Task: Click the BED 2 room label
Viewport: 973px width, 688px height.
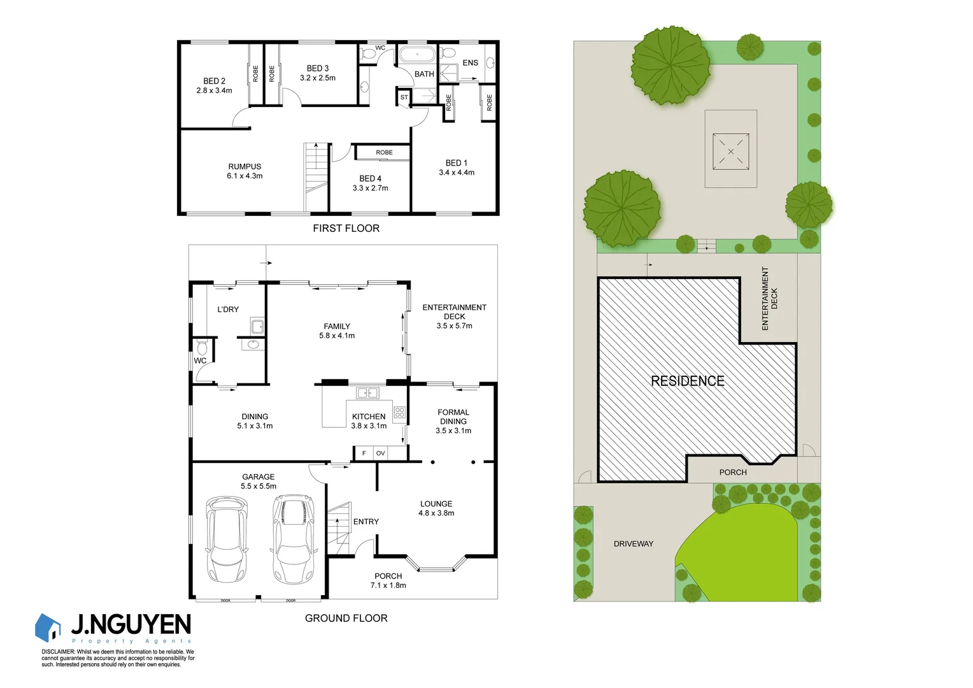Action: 214,85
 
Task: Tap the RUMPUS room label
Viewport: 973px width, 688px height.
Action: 245,171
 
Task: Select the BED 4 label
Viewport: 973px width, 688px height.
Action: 370,183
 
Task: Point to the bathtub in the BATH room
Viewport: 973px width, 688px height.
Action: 416,55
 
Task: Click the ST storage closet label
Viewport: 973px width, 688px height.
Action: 404,97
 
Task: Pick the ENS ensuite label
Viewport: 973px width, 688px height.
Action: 470,62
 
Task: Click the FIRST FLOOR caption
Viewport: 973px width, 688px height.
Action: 346,228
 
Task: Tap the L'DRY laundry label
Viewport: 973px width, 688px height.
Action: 228,310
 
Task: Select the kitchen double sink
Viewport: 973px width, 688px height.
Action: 367,392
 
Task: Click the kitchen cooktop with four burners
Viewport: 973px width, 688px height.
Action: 399,412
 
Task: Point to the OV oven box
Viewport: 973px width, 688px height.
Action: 380,453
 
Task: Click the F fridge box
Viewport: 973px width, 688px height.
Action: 364,453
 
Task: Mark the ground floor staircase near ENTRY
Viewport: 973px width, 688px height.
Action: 338,528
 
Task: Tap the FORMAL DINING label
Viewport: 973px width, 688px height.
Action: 453,421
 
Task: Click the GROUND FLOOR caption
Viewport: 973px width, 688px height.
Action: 346,618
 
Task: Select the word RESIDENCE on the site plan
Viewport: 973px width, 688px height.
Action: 687,381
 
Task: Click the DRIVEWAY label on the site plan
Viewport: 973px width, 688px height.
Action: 633,543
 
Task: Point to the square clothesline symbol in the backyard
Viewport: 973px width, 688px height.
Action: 730,151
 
